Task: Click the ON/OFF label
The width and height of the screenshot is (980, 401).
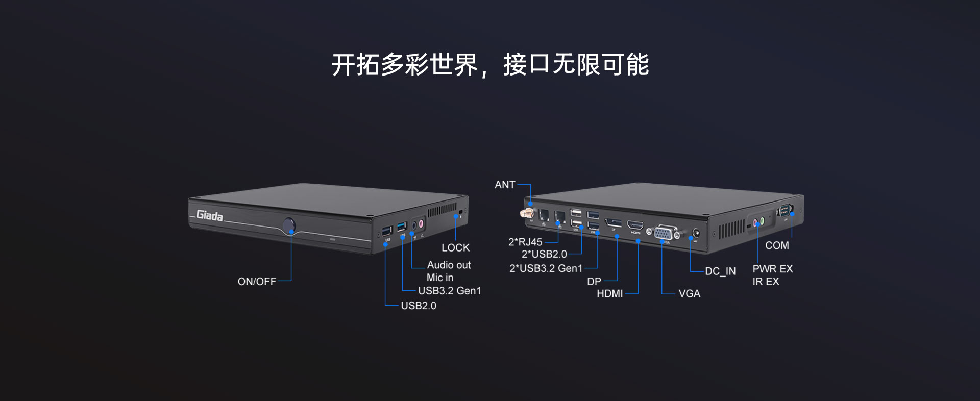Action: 257,282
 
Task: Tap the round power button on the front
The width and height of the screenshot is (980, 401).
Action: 289,225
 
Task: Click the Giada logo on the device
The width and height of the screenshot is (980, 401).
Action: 209,216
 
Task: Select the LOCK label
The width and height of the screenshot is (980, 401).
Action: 455,248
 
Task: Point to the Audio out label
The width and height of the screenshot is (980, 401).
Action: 449,265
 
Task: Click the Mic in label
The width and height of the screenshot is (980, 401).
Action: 439,278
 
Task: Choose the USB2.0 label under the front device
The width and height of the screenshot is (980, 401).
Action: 419,306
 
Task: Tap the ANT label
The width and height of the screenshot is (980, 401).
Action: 505,185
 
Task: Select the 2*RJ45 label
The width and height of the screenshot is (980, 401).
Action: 525,242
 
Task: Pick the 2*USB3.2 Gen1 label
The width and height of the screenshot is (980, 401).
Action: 546,268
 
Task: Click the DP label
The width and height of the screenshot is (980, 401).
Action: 594,282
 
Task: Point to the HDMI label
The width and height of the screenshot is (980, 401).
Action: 609,294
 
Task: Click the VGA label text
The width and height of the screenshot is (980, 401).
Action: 689,294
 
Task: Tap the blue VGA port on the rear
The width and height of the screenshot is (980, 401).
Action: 664,233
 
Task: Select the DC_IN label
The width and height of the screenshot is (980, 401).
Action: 720,271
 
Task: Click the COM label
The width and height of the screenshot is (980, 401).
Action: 777,246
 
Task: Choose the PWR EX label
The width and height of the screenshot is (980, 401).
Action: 772,269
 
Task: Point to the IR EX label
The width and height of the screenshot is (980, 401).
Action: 766,282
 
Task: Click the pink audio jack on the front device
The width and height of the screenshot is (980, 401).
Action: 422,223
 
